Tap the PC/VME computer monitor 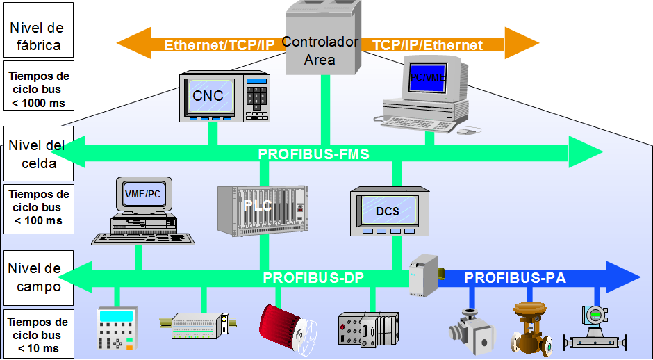pos(427,79)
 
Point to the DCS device pos(387,211)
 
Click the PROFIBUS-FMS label pos(313,154)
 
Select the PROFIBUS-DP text pos(313,278)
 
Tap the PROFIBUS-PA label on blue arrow pos(515,278)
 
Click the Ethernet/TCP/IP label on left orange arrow pos(219,45)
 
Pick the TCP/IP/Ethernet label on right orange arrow pos(427,45)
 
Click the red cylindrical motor pos(285,326)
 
